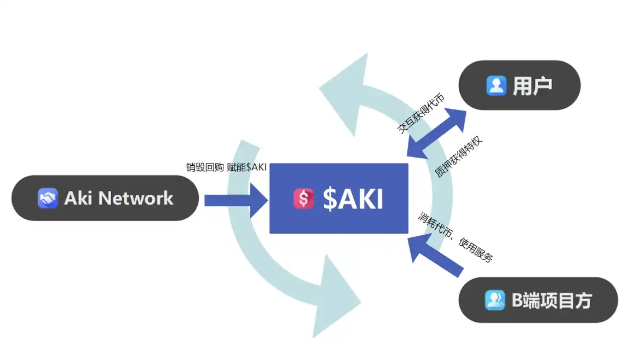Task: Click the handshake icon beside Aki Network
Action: pyautogui.click(x=48, y=198)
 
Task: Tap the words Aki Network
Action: pyautogui.click(x=118, y=198)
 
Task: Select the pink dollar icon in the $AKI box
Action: pyautogui.click(x=303, y=199)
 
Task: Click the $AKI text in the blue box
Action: pyautogui.click(x=353, y=199)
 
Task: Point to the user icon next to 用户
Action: pyautogui.click(x=496, y=85)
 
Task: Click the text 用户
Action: pyautogui.click(x=532, y=86)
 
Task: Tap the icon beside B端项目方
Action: pyautogui.click(x=495, y=300)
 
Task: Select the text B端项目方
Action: pyautogui.click(x=551, y=300)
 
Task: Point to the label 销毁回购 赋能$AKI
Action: pyautogui.click(x=226, y=167)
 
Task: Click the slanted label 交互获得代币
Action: pyautogui.click(x=421, y=114)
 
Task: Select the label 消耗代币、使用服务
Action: pyautogui.click(x=456, y=237)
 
